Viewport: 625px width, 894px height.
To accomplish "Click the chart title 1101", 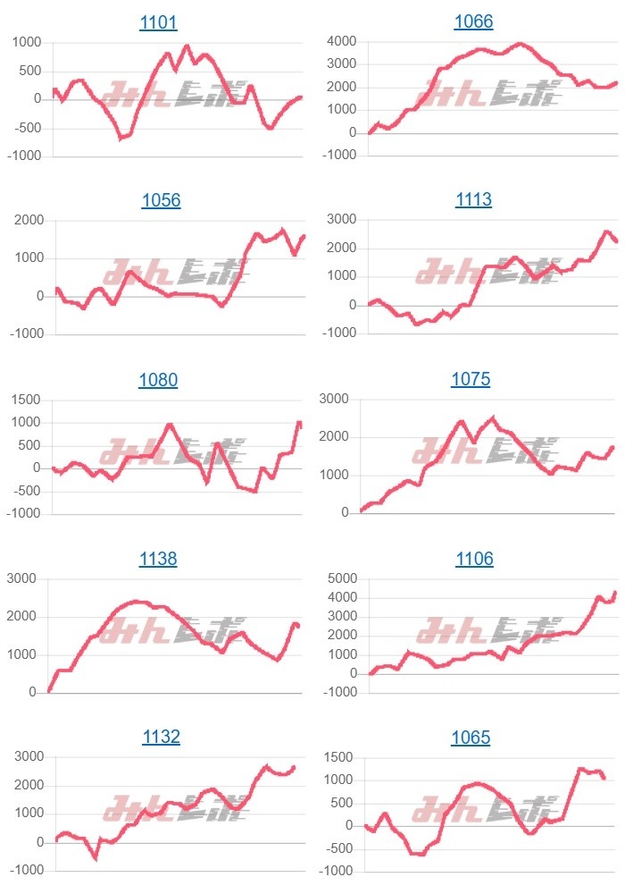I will tap(158, 22).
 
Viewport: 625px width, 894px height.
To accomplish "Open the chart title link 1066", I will tap(473, 21).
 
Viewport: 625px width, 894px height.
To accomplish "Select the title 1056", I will tap(161, 200).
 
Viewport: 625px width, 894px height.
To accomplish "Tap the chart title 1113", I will tap(473, 199).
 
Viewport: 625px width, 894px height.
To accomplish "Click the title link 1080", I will tap(158, 380).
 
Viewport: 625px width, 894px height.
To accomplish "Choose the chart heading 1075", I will tap(471, 379).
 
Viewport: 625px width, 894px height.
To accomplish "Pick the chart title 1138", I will tap(158, 559).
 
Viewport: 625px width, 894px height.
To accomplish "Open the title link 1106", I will tap(473, 559).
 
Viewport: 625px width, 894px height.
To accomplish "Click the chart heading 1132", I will tap(161, 737).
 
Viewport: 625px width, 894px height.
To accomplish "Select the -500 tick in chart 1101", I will tap(26, 128).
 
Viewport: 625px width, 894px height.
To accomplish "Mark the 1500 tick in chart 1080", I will tap(26, 400).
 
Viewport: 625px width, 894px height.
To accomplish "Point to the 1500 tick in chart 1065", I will tap(339, 757).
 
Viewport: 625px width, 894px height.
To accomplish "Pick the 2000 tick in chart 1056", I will tap(26, 221).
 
